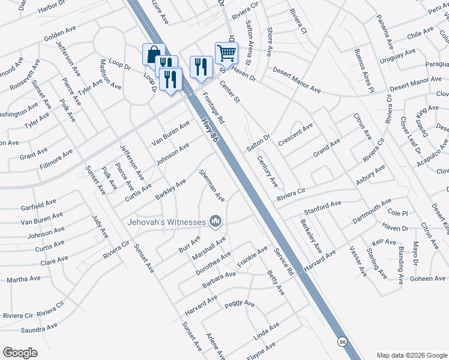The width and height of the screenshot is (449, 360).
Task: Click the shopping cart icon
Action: click(x=226, y=53)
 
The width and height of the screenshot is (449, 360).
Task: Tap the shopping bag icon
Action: click(x=154, y=55)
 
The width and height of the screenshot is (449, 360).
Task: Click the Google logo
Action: click(x=20, y=353)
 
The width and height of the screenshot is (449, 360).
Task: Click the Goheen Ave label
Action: click(x=428, y=279)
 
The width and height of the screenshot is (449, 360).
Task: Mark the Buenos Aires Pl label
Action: click(x=364, y=70)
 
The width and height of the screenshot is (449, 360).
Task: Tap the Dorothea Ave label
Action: click(x=213, y=263)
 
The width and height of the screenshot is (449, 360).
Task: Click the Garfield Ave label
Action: click(x=38, y=205)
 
